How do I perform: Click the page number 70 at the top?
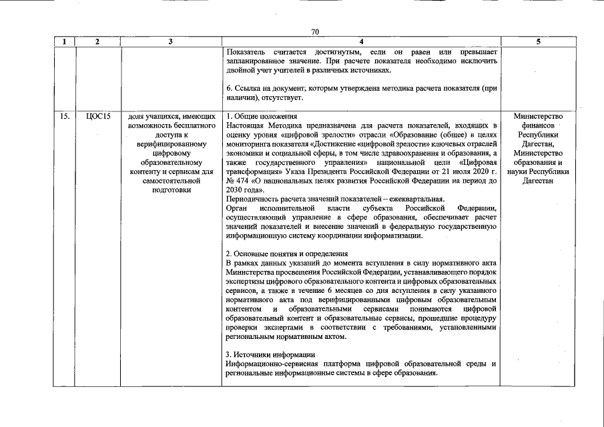pyautogui.click(x=316, y=31)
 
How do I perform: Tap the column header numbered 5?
pyautogui.click(x=538, y=41)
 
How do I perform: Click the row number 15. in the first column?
pyautogui.click(x=64, y=117)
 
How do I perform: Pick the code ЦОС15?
pyautogui.click(x=97, y=117)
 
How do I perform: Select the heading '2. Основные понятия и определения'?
pyautogui.click(x=287, y=254)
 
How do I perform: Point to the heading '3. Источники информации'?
pyautogui.click(x=270, y=354)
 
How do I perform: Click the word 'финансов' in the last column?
pyautogui.click(x=538, y=125)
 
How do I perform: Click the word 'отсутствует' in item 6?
pyautogui.click(x=282, y=98)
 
